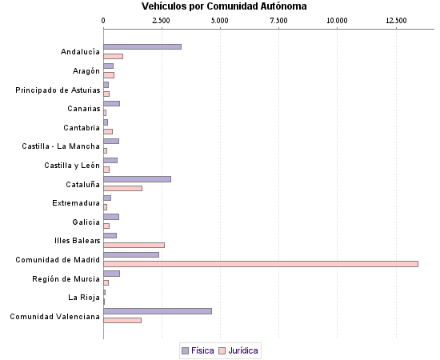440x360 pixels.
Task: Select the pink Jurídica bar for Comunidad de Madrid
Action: coord(261,263)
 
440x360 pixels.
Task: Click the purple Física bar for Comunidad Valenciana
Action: coord(158,310)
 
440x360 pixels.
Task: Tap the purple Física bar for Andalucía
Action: coord(142,46)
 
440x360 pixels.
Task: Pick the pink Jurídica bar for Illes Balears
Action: coord(134,245)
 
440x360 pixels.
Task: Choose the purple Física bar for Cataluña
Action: coord(137,178)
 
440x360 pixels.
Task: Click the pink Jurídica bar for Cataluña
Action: coord(122,188)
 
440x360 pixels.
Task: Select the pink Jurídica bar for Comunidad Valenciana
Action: coord(122,320)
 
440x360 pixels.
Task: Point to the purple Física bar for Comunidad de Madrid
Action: coord(131,254)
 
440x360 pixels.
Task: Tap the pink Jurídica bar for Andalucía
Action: coord(113,56)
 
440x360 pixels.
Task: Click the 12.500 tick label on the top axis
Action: coord(396,20)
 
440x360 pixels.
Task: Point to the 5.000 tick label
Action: coord(220,20)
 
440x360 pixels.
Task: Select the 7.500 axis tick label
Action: coord(279,20)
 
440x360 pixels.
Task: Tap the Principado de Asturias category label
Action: coord(58,90)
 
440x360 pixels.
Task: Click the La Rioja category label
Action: coord(84,297)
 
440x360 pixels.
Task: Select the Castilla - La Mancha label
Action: coord(61,146)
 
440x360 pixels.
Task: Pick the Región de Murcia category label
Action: coord(66,278)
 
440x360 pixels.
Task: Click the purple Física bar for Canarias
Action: coord(111,103)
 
